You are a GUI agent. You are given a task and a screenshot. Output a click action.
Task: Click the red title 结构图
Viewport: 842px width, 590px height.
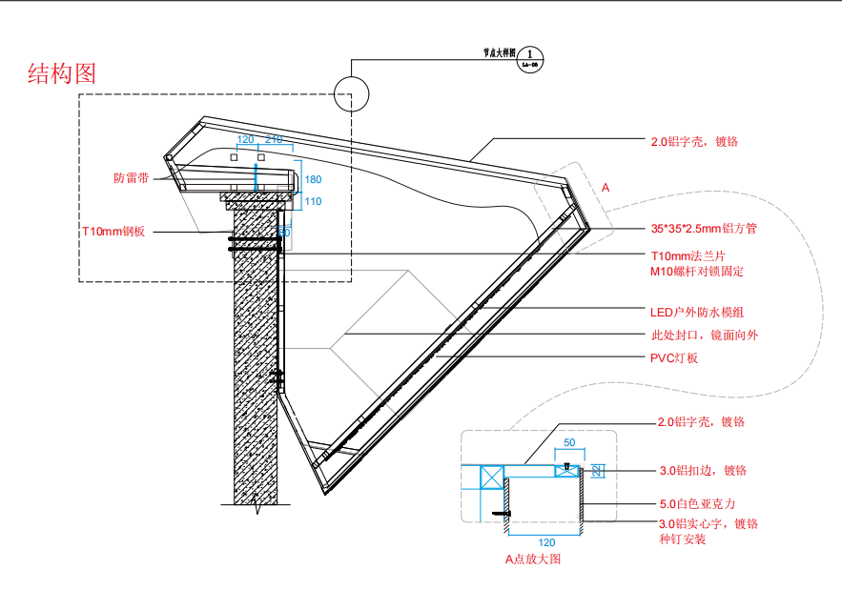[x=63, y=73]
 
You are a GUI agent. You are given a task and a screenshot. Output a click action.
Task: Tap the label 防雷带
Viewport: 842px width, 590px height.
[x=131, y=178]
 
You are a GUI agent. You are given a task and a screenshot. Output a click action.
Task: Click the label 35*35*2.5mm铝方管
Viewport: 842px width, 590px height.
[x=704, y=229]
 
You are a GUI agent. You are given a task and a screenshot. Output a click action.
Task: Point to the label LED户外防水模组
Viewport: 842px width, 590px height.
[x=696, y=312]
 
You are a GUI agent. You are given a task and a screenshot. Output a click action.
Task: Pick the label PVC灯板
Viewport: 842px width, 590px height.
[x=674, y=357]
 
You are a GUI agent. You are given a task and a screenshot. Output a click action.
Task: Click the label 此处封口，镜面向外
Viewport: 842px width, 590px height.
[x=704, y=336]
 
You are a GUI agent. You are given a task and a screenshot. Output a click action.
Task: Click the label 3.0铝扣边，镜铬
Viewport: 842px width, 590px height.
[x=703, y=470]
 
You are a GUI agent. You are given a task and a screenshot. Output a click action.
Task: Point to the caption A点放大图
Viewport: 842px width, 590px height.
[x=533, y=559]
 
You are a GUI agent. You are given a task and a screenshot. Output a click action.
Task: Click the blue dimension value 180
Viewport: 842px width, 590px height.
[x=313, y=179]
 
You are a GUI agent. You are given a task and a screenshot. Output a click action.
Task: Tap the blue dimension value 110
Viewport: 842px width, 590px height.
[x=313, y=201]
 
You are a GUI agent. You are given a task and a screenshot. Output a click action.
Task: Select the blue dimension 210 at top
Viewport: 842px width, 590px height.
[x=274, y=140]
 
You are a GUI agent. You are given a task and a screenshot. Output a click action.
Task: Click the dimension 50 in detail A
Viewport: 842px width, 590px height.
[x=568, y=443]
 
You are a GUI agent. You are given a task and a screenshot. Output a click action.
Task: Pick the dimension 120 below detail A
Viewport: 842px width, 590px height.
[x=546, y=541]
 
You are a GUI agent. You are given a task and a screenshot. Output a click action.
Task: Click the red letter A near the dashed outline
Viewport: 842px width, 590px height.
[x=605, y=189]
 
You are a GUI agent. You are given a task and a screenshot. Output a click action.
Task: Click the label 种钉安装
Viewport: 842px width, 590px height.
[x=682, y=539]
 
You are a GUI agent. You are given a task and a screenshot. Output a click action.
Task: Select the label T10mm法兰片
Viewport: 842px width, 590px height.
[x=693, y=256]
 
